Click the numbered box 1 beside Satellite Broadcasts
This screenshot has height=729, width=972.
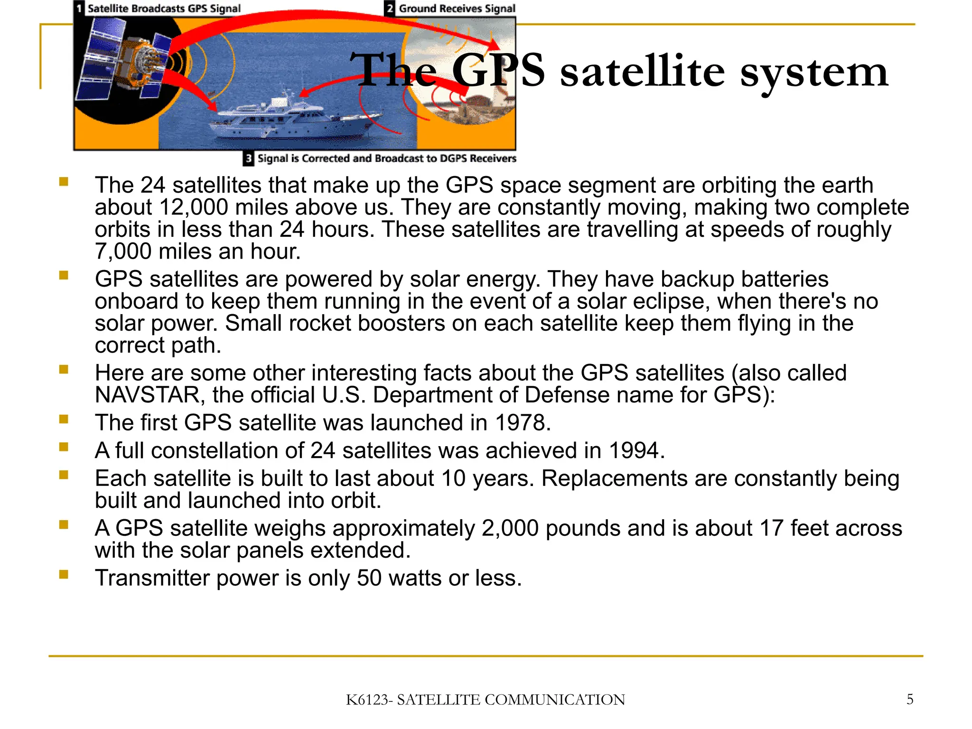click(79, 9)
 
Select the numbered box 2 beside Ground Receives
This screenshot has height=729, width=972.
click(390, 9)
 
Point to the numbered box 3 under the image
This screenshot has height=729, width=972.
click(248, 159)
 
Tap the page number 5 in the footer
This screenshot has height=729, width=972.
click(909, 699)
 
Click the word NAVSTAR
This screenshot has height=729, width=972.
click(147, 395)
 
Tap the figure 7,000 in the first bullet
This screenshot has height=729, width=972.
click(123, 251)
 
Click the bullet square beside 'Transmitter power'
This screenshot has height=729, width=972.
click(64, 575)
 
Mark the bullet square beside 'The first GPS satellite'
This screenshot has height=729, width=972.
click(64, 419)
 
